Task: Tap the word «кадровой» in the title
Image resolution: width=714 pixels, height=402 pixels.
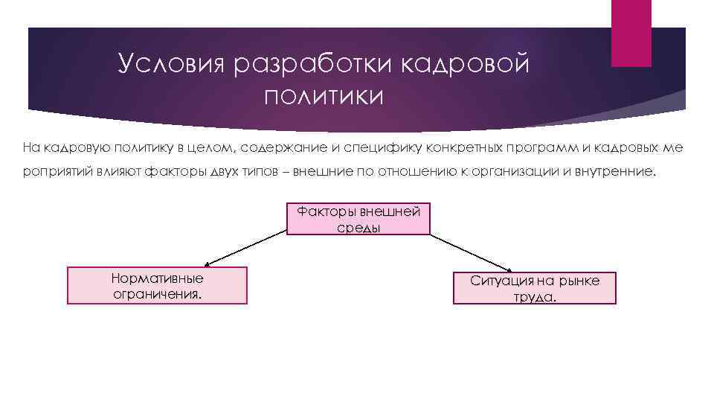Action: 466,64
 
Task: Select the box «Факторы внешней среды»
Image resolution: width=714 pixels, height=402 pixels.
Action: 358,220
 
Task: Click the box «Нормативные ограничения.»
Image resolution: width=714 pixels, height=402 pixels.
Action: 157,286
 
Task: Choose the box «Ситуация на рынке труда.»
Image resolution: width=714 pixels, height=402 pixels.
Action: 534,288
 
